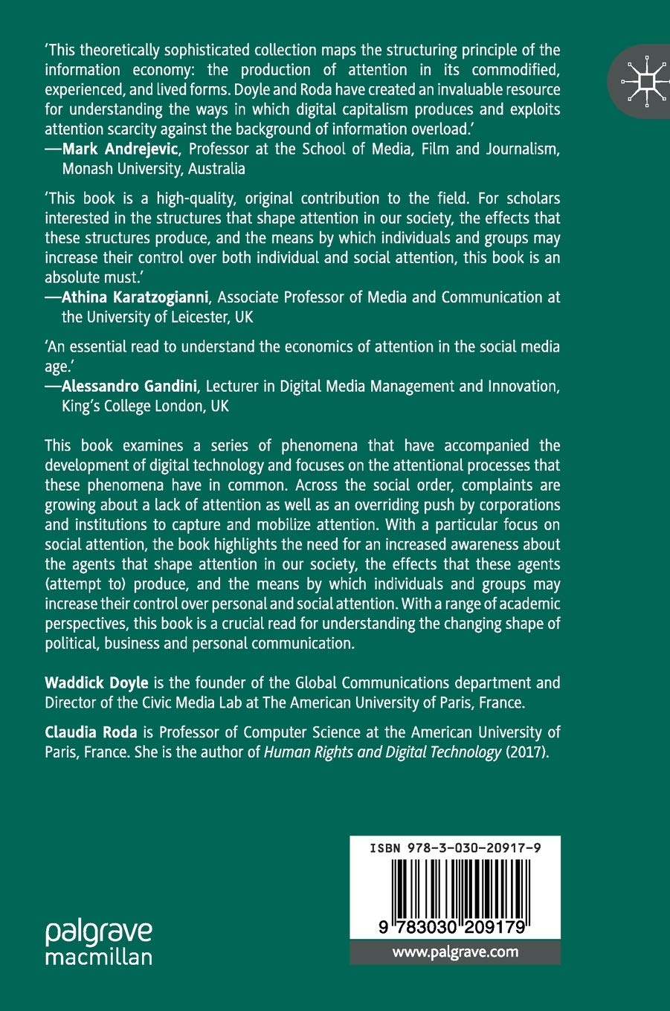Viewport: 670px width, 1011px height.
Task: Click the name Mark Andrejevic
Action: pos(120,149)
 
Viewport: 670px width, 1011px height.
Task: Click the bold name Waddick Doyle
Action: pos(97,682)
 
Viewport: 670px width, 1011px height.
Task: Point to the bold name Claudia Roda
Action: pos(91,732)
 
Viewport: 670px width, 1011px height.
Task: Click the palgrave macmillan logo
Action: pos(98,943)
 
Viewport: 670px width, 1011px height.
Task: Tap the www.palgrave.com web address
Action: pos(455,952)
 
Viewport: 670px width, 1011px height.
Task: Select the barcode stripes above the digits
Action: pos(455,886)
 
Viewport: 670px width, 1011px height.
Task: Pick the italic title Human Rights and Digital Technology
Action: pos(382,752)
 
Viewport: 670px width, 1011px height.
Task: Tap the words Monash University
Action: pos(122,169)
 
